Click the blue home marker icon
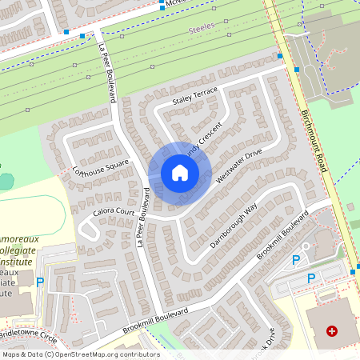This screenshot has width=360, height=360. click(x=180, y=173)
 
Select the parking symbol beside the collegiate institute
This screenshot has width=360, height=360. click(x=41, y=282)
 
